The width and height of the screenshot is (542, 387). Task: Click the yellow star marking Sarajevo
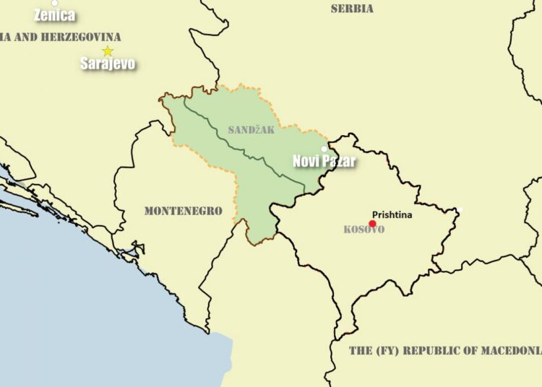pos(108,51)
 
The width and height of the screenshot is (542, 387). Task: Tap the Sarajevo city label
pos(108,64)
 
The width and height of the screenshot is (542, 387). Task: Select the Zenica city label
pos(54,15)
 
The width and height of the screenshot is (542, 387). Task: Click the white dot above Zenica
pos(54,3)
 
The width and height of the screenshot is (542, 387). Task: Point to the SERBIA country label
pos(352,9)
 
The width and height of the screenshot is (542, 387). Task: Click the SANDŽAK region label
pos(251,130)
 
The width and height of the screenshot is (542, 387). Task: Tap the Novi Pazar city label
pos(324,161)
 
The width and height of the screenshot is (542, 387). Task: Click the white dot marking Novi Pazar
pos(324,149)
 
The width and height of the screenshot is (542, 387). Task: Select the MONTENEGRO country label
pos(183,211)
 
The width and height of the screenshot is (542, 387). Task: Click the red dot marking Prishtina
pos(372,224)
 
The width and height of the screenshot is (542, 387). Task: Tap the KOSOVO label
pos(364,230)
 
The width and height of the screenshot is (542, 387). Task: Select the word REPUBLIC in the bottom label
pos(433,351)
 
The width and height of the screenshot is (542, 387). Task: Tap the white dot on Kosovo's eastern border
pos(460,210)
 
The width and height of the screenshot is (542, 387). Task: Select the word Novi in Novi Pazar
pos(306,161)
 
